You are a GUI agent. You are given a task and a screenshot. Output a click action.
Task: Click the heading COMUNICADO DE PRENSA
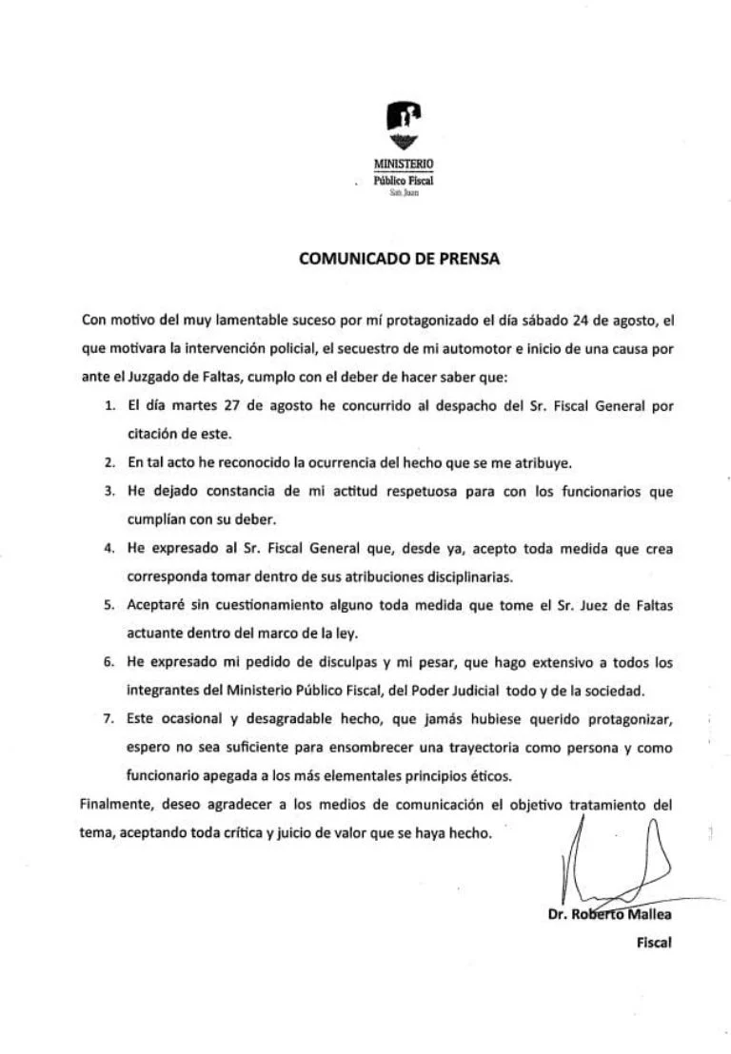coord(399,258)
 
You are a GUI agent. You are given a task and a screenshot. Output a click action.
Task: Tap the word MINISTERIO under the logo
coord(404,163)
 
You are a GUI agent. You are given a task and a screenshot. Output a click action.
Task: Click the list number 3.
coord(110,492)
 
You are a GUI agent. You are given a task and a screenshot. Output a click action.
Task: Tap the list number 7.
coord(110,719)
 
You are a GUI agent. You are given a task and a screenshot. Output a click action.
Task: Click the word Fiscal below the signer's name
coord(655,944)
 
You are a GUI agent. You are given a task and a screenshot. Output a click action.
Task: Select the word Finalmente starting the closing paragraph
coord(117,805)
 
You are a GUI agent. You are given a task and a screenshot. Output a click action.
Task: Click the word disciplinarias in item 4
coord(458,576)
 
